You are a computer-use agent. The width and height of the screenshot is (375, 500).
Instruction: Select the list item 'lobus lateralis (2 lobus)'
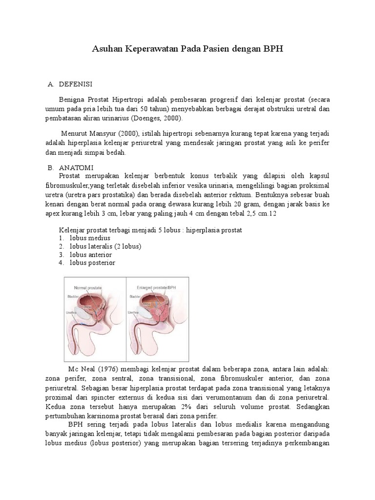click(105, 246)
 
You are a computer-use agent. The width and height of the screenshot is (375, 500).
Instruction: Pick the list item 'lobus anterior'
click(91, 254)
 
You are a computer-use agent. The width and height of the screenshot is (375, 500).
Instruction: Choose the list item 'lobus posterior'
click(92, 263)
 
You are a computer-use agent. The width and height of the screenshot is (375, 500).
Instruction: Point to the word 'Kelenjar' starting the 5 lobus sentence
click(72, 229)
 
